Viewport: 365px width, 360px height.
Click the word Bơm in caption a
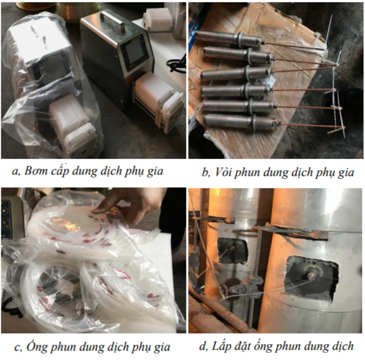tap(35, 171)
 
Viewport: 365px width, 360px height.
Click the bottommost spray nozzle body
tap(240, 121)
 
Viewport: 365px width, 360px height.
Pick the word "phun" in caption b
tap(246, 173)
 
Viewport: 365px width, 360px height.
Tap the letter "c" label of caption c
tap(18, 348)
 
